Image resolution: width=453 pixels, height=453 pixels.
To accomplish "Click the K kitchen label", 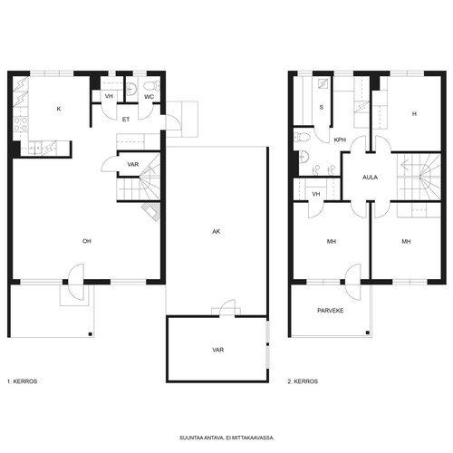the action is [59, 109].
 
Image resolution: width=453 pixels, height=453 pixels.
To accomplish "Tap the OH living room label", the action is [87, 241].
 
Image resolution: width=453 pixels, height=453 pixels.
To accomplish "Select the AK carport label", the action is [217, 231].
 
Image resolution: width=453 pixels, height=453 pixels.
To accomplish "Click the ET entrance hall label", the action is [126, 120].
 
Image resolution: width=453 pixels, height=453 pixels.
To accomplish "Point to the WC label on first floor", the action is [149, 97].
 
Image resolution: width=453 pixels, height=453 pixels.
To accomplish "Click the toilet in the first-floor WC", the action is [151, 86].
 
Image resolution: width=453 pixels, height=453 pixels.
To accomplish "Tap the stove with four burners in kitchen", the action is [21, 124].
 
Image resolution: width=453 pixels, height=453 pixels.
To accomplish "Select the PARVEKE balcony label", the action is [331, 311].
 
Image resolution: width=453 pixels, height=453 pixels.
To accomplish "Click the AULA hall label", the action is [370, 178].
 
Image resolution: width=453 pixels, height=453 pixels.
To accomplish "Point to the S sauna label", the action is [322, 107].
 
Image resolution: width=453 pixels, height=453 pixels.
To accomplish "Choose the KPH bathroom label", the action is [340, 140].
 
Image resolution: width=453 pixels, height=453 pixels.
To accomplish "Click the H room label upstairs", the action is [414, 114].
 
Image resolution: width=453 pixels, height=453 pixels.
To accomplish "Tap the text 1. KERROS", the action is [22, 381].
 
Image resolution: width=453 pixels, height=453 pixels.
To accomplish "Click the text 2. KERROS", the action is [303, 381].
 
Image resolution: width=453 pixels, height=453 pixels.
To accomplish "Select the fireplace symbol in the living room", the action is [151, 212].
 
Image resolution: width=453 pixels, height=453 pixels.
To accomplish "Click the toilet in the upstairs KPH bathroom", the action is [302, 138].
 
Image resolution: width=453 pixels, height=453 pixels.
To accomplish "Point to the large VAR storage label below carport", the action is [217, 350].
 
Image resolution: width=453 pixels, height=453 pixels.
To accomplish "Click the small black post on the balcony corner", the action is [368, 333].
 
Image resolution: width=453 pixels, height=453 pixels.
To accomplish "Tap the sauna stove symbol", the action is [323, 83].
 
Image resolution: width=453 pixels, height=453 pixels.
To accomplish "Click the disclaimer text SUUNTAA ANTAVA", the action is [202, 438].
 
